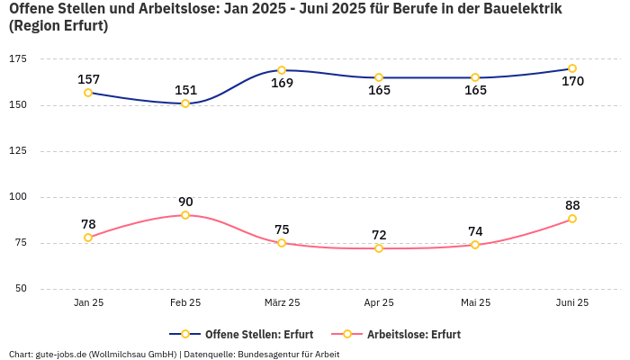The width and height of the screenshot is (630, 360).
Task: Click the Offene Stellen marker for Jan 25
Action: click(88, 93)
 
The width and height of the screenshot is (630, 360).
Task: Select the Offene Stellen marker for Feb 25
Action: click(185, 103)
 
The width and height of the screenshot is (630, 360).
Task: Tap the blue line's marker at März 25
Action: click(282, 70)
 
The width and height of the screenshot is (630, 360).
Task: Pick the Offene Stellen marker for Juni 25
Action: click(572, 68)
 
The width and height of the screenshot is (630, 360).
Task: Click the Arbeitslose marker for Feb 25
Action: click(185, 215)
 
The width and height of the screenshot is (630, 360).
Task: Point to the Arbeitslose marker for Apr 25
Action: click(379, 248)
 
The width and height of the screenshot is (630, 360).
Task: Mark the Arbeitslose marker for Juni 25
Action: click(572, 219)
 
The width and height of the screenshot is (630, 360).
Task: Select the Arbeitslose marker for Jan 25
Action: click(88, 238)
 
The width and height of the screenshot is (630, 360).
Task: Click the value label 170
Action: click(572, 82)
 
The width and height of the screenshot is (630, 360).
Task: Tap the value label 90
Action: click(185, 202)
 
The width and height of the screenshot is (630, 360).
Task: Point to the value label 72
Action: click(379, 235)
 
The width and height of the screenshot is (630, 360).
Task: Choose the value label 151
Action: click(185, 90)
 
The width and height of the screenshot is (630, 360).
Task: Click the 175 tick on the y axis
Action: click(18, 58)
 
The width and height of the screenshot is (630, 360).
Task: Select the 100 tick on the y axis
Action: click(18, 196)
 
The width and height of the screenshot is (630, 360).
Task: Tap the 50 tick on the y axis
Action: click(21, 289)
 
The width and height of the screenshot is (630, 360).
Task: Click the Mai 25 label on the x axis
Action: click(475, 302)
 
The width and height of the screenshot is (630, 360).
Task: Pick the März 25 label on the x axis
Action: click(282, 302)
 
